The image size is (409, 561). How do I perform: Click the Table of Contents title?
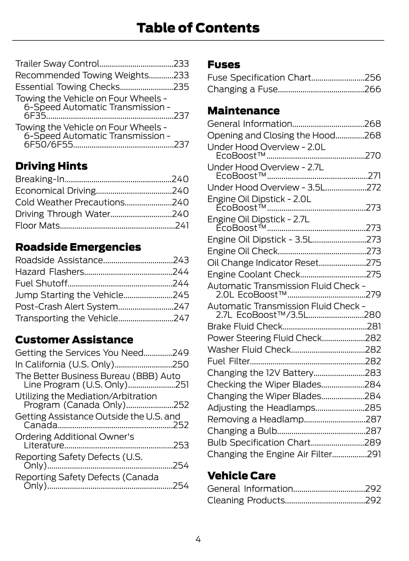coord(198,28)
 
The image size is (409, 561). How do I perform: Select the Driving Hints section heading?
coord(51,166)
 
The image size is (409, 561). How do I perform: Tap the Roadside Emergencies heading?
coord(78,247)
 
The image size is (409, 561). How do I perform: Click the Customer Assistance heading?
coord(74,340)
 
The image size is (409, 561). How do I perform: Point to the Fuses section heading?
coord(223,65)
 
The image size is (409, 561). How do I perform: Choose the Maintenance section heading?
coord(243,111)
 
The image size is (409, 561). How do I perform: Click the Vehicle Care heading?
coord(241,475)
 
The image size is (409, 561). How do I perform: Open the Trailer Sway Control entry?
coord(57,63)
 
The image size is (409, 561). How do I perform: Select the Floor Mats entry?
coord(38,225)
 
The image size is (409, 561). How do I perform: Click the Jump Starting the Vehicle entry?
coord(69,295)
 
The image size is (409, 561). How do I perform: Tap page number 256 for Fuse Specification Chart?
coord(373,77)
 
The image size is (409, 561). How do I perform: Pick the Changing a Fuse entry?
coord(242,89)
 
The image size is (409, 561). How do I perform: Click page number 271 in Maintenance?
coord(374,176)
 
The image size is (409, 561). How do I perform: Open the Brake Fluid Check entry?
coord(245,326)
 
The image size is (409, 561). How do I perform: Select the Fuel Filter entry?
coord(229,361)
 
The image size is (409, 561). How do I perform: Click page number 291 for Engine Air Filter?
coord(374,454)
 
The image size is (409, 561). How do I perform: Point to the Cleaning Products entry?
coord(246,500)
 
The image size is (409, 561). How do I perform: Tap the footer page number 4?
coord(198,539)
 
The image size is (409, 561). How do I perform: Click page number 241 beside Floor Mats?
coord(182,225)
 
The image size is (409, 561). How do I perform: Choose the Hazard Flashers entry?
coord(50,272)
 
